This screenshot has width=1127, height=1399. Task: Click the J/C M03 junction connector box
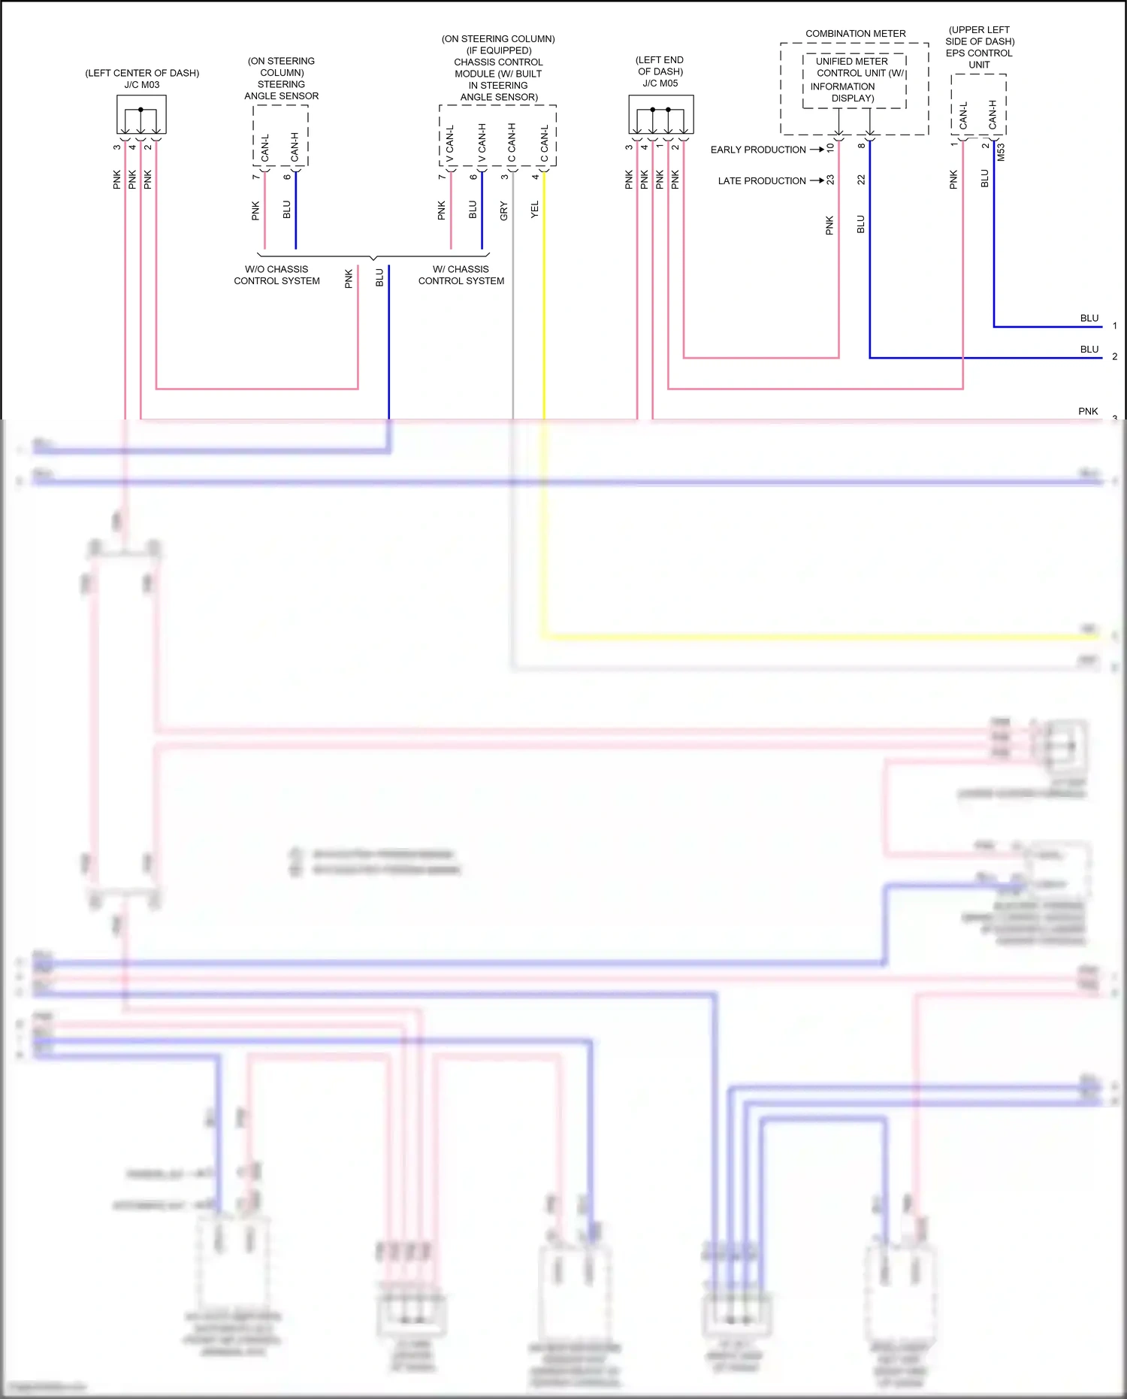pos(141,115)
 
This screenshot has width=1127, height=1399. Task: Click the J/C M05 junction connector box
pos(660,114)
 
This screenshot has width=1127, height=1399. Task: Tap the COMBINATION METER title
pos(855,34)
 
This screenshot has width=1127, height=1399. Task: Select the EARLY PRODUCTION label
pos(757,150)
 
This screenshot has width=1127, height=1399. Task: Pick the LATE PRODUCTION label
pos(761,180)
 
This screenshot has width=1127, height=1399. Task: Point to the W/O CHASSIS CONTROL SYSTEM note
pos(276,275)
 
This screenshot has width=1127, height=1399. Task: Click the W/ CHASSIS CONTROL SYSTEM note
pos(461,275)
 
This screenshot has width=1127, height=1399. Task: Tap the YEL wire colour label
pos(535,210)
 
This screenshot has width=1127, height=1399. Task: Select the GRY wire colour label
pos(504,211)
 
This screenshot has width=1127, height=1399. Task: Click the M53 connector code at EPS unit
pos(1001,153)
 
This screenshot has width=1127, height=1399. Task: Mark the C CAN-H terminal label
pos(512,143)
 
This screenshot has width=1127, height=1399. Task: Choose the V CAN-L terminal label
pos(450,144)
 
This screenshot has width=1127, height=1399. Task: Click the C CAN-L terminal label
pos(544,144)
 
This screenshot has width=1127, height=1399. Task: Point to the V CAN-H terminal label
pos(482,143)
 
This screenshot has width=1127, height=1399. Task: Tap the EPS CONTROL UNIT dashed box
pos(978,105)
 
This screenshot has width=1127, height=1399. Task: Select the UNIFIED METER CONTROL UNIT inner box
pos(854,80)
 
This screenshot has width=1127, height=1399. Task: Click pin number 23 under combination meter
pos(830,180)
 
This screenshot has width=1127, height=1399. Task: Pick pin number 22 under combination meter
pos(861,180)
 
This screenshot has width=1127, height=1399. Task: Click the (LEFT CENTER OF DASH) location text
pos(142,73)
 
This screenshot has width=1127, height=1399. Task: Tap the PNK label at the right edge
pos(1087,411)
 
